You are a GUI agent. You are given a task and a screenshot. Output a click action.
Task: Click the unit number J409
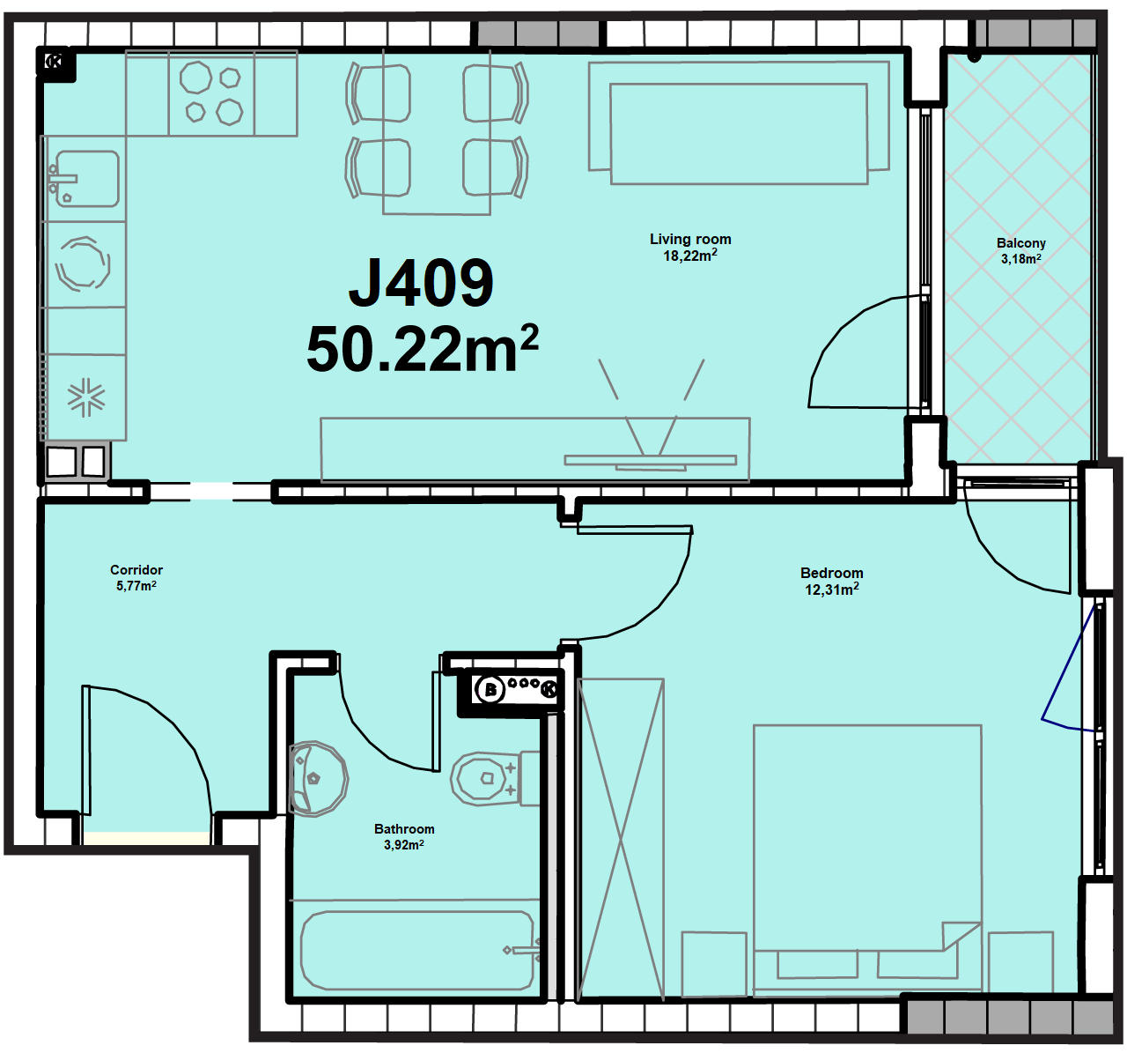[421, 283]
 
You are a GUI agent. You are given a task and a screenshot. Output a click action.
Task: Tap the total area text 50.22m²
[423, 349]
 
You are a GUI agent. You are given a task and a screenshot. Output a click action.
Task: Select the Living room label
[690, 239]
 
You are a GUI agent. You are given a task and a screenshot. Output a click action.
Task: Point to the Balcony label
[1020, 243]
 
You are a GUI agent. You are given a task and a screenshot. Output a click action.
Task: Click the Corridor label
[136, 569]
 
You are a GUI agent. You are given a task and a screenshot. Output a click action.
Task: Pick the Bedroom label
[831, 573]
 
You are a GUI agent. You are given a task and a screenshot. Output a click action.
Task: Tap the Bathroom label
[404, 828]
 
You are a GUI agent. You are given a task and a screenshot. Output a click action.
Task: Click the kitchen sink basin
[87, 178]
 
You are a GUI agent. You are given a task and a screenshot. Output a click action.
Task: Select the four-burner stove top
[211, 93]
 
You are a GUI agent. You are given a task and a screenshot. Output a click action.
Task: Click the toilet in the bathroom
[495, 779]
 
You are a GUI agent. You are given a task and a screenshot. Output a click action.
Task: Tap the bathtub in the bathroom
[417, 951]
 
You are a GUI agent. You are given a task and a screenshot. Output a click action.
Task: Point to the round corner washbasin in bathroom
[318, 779]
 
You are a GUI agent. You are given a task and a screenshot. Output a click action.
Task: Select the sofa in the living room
[739, 123]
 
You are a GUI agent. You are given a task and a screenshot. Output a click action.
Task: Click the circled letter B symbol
[490, 690]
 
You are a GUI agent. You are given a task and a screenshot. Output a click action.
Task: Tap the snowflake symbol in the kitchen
[86, 397]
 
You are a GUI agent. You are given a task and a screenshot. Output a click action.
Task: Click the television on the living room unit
[651, 461]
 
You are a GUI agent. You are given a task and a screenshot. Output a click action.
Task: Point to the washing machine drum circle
[83, 264]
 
